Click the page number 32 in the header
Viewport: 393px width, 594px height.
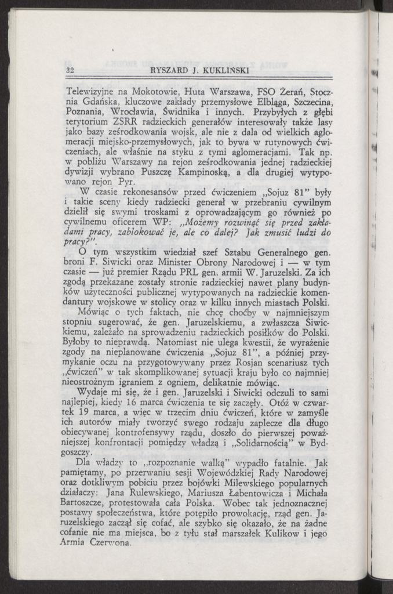72,71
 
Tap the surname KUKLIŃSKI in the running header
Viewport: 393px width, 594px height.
220,71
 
